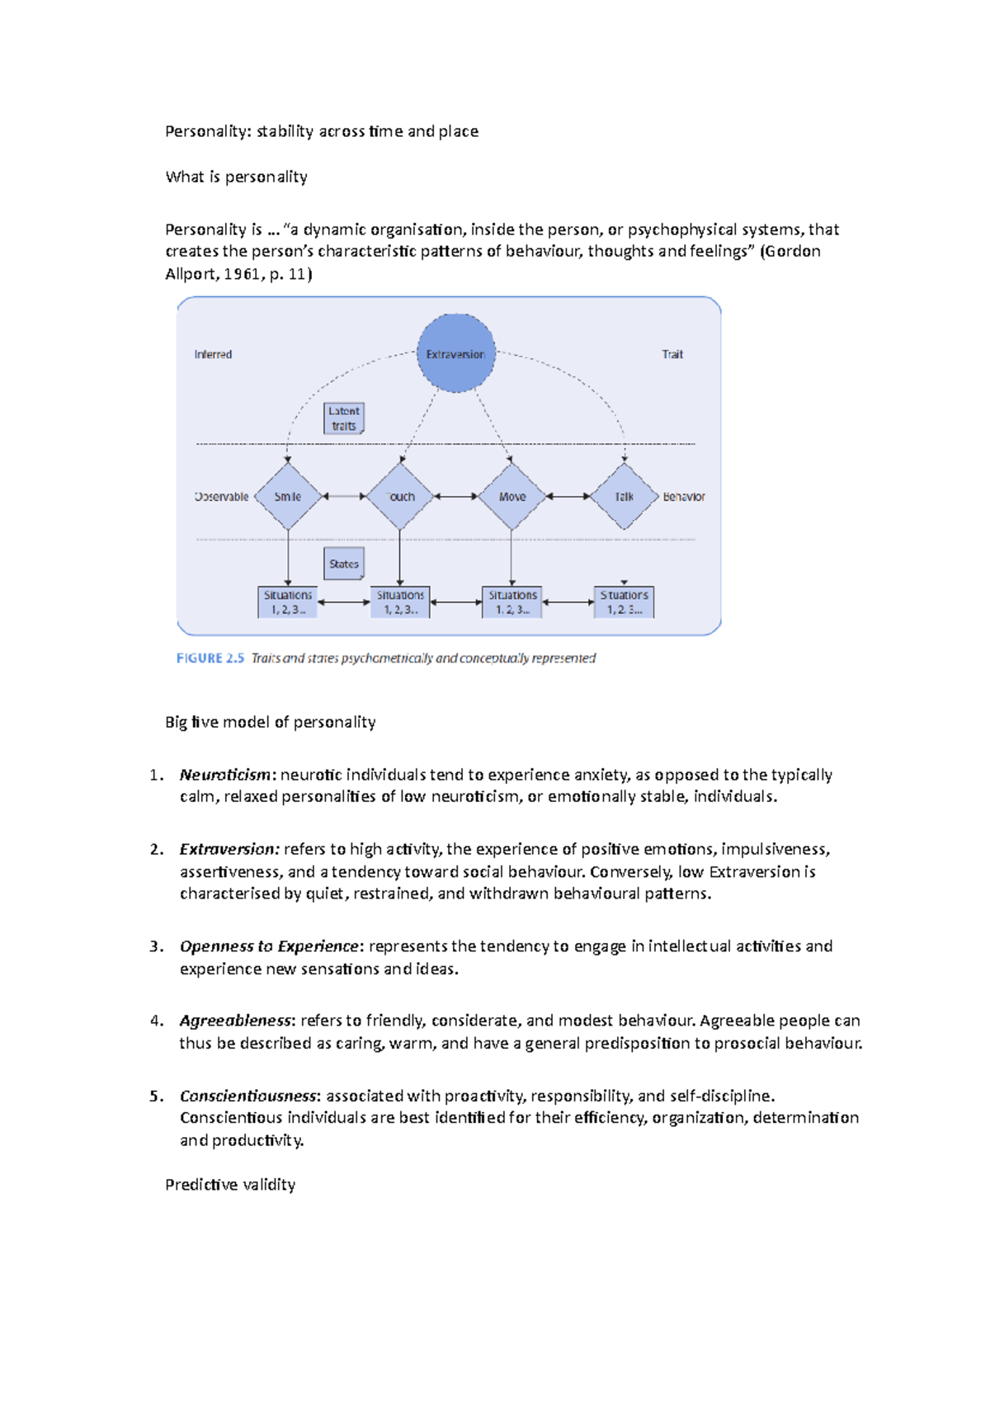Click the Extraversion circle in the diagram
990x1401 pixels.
pyautogui.click(x=455, y=353)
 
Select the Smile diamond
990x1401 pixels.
pyautogui.click(x=288, y=496)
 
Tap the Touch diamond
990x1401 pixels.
pyautogui.click(x=400, y=496)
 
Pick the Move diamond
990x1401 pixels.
pyautogui.click(x=511, y=496)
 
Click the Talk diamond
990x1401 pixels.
pyautogui.click(x=624, y=496)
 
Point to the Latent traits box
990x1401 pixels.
pyautogui.click(x=343, y=418)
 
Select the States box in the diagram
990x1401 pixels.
pyautogui.click(x=343, y=564)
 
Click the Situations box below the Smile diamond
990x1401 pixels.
pyautogui.click(x=288, y=602)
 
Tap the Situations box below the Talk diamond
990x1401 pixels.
pyautogui.click(x=624, y=602)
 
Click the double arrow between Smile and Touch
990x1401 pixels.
pyautogui.click(x=344, y=497)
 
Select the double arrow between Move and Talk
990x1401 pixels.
pyautogui.click(x=568, y=497)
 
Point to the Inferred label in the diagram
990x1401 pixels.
pyautogui.click(x=213, y=354)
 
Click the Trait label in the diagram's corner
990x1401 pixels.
pyautogui.click(x=672, y=354)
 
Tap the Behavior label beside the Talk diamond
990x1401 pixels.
pyautogui.click(x=684, y=497)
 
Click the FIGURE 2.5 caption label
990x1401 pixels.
pyautogui.click(x=210, y=658)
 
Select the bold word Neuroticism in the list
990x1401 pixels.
pyautogui.click(x=225, y=775)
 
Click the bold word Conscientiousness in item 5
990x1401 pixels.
pyautogui.click(x=248, y=1096)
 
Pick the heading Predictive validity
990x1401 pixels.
pyautogui.click(x=230, y=1185)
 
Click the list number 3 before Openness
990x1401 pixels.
pyautogui.click(x=156, y=946)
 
